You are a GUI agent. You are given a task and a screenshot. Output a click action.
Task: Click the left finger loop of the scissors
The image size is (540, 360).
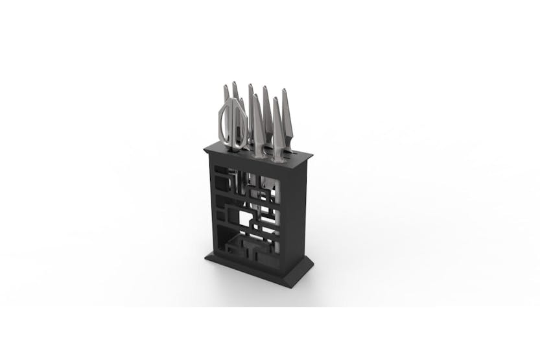coord(226,123)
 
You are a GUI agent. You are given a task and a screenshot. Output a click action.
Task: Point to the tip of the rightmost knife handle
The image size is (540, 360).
coord(284,91)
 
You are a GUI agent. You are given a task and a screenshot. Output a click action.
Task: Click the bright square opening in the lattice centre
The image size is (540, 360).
coord(245,219)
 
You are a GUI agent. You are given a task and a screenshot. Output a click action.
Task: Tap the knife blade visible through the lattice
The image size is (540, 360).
coord(267,195)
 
